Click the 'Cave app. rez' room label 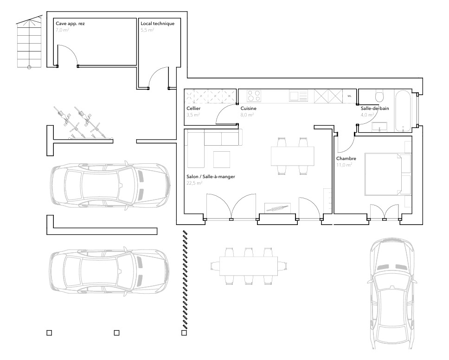pos(70,24)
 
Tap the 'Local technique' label pos(157,24)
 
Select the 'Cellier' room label pos(193,109)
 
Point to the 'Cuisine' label pos(248,109)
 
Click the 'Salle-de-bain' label pos(375,109)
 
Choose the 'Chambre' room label pos(346,159)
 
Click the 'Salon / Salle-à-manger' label pos(211,177)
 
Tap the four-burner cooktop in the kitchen pos(254,96)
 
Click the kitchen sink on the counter pos(298,96)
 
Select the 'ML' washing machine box pos(350,96)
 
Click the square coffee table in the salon pos(222,159)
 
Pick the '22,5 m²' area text pos(194,183)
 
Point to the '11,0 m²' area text pos(344,165)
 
